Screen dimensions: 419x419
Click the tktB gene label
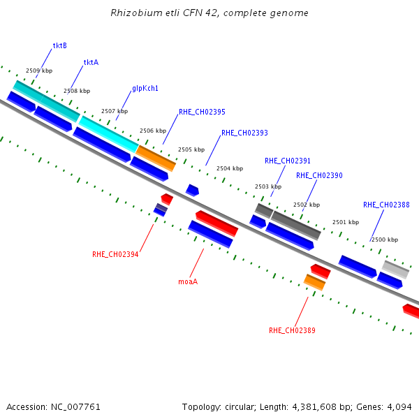point(60,45)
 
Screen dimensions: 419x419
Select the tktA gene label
point(91,63)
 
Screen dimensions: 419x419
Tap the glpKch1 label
point(145,88)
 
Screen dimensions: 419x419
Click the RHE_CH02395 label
point(202,112)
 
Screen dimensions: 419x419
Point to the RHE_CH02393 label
point(245,133)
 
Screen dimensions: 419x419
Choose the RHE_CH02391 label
point(288,161)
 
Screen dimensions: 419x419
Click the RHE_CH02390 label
point(319,175)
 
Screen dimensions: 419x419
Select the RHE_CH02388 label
point(386,205)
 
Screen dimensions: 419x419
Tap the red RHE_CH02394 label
point(115,254)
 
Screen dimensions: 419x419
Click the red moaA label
point(188,281)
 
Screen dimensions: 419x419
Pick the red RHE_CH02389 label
point(292,330)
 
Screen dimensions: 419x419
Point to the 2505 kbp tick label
point(191,149)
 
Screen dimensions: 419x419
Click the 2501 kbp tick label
point(346,222)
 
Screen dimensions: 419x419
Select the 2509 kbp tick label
point(39,71)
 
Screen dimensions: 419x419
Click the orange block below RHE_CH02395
point(156,159)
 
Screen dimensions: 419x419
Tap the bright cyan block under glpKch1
point(109,134)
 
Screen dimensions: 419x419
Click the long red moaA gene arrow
point(217,223)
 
